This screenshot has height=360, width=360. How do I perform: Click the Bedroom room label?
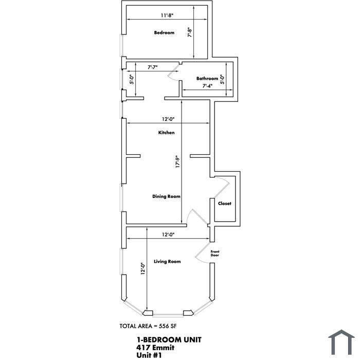[x=164, y=32]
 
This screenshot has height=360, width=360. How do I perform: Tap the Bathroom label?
[x=207, y=79]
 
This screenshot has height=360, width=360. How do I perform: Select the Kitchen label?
[x=167, y=133]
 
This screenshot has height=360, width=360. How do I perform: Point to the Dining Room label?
[x=166, y=196]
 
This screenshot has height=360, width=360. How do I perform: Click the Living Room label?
[x=167, y=261]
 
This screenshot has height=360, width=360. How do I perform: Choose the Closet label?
[x=225, y=204]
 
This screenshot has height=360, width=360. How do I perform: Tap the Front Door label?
[x=215, y=254]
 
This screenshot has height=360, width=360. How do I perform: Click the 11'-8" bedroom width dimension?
[x=167, y=15]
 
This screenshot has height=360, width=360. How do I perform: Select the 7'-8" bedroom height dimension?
[x=190, y=32]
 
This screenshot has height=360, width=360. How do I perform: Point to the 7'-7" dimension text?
[x=152, y=67]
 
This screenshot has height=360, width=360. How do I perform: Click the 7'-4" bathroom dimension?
[x=207, y=86]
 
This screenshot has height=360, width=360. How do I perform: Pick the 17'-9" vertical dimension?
[x=177, y=162]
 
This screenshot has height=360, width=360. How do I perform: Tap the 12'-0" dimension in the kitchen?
[x=168, y=119]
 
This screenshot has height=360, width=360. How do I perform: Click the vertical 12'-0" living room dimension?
[x=143, y=268]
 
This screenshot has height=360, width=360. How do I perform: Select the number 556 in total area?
[x=164, y=326]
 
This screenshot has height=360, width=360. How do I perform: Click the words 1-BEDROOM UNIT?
[x=169, y=340]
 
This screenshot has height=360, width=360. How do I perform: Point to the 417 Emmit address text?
[x=155, y=348]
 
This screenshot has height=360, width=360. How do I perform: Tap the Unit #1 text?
[x=149, y=355]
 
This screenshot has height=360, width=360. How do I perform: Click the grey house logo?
[x=341, y=343]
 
